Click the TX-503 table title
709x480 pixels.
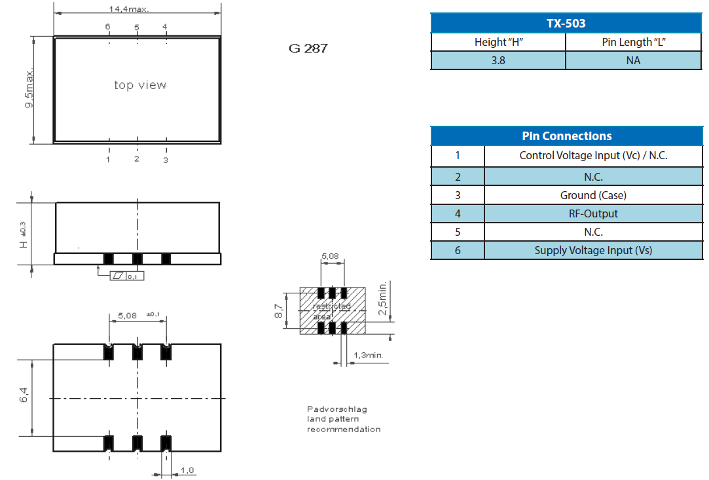pos(566,24)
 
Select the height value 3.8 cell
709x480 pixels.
pos(498,60)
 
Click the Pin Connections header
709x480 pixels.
pos(566,136)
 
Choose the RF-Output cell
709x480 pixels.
pos(593,213)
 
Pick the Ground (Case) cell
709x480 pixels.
pos(593,195)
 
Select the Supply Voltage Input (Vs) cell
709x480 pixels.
pos(593,250)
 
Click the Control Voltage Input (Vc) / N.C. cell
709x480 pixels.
pos(593,156)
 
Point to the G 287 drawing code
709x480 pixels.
pos(308,48)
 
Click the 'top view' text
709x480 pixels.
pos(140,85)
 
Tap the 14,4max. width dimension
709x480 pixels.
pos(129,9)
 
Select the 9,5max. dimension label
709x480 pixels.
pos(29,89)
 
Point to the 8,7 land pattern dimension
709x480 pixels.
pos(279,310)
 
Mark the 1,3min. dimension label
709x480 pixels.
pos(368,356)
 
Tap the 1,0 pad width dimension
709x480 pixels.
pos(187,470)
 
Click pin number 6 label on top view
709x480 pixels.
pos(108,27)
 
